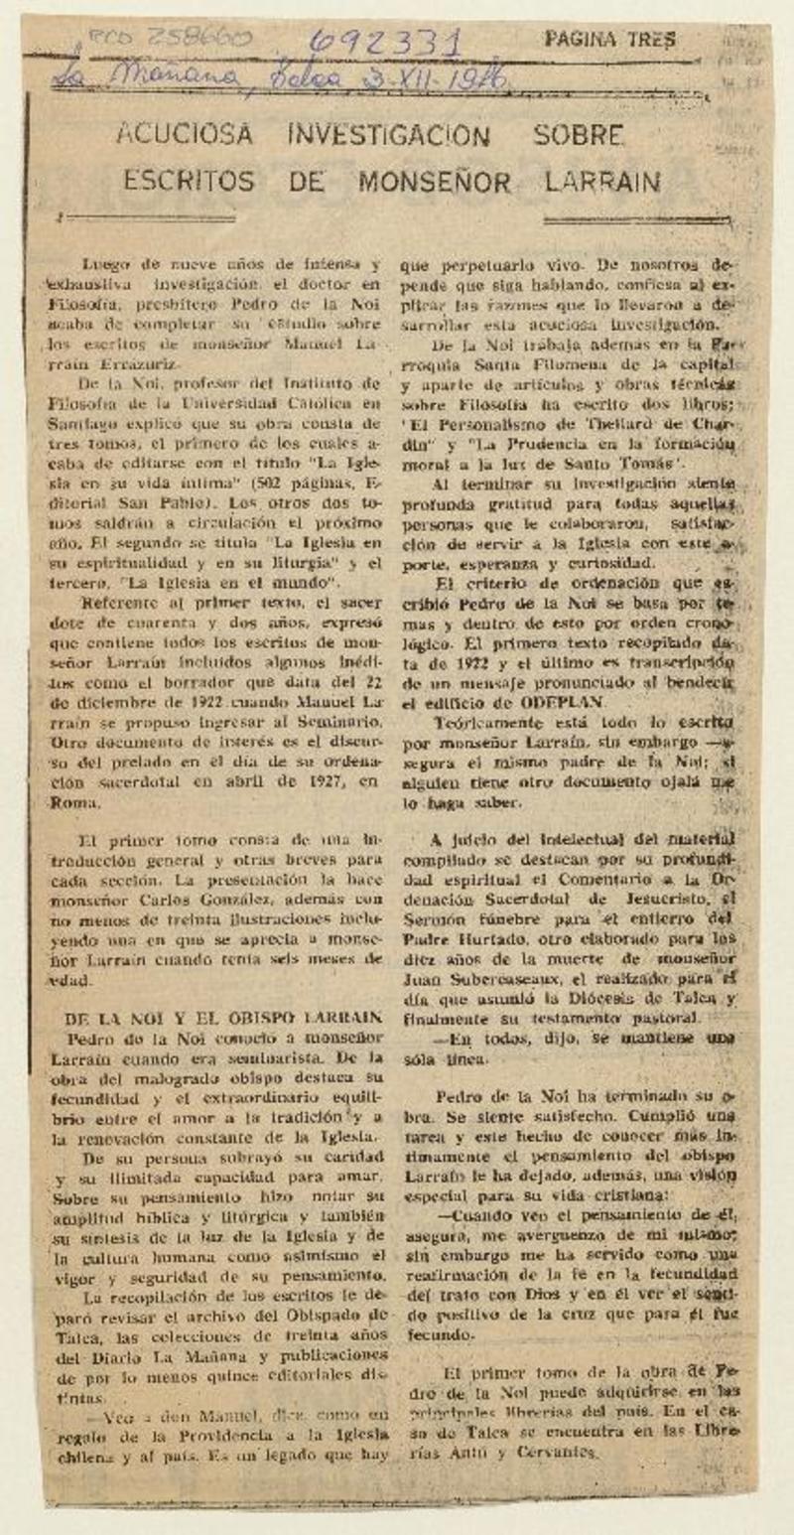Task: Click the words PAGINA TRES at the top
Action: coord(609,39)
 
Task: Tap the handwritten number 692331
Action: coord(385,43)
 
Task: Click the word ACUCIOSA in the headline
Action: coord(185,134)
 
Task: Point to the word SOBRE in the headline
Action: coord(576,134)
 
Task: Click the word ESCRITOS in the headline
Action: coord(189,182)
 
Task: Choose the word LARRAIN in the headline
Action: coord(602,182)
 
